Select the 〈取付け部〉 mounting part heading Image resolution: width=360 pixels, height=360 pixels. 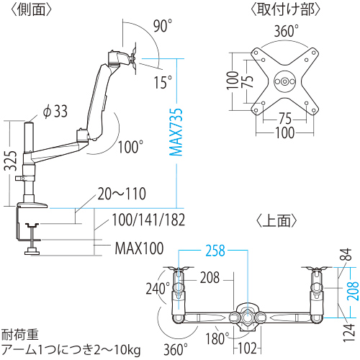point(284,9)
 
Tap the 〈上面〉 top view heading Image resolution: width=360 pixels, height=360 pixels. point(277,220)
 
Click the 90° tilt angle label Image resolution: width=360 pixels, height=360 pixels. point(163,27)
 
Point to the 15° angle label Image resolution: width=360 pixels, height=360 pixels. point(163,82)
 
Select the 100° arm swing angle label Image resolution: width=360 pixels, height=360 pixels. point(130,147)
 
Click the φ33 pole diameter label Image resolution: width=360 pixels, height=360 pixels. point(55,111)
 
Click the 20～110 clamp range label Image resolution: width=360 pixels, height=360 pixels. point(122,193)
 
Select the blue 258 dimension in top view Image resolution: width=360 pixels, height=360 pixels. point(215,251)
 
